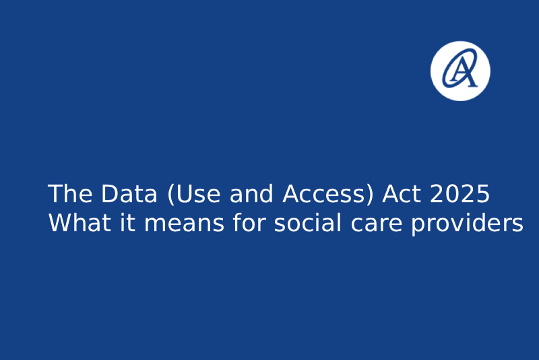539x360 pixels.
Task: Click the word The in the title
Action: click(70, 194)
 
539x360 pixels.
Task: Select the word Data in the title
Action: click(129, 194)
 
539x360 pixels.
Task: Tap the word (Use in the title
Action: click(194, 194)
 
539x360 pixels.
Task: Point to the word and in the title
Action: click(251, 193)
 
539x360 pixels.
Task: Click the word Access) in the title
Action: click(328, 194)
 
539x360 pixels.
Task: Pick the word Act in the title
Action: click(402, 194)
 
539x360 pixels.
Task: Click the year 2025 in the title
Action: click(459, 194)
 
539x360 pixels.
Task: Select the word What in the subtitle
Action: click(80, 222)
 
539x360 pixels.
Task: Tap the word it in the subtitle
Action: click(127, 222)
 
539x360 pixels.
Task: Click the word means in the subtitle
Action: click(184, 224)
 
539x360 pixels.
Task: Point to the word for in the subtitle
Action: click(249, 222)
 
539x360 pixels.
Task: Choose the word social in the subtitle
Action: click(308, 222)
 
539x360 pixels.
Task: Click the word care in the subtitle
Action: click(377, 224)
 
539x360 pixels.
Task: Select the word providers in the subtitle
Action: click(468, 224)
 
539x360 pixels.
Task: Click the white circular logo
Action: click(460, 71)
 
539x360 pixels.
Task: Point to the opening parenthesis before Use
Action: click(170, 195)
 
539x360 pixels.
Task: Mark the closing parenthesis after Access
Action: click(370, 195)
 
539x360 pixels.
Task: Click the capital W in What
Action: click(62, 222)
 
